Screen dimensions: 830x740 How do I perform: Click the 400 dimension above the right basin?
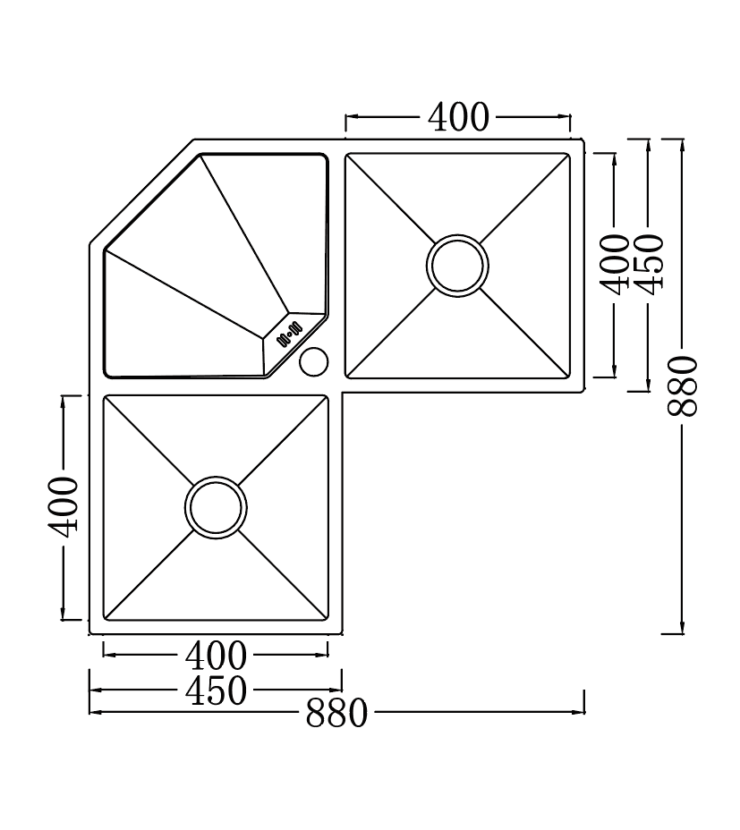(x=458, y=117)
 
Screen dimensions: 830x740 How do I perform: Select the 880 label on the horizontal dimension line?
(x=336, y=714)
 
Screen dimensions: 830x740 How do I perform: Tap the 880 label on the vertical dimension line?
(x=683, y=385)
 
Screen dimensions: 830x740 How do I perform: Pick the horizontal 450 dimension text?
(x=216, y=690)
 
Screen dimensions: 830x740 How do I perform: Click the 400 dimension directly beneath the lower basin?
(x=216, y=656)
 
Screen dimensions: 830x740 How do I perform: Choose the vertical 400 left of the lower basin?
(x=64, y=505)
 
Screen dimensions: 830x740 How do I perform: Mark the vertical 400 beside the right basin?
(x=615, y=263)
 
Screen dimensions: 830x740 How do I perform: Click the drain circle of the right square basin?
(x=457, y=266)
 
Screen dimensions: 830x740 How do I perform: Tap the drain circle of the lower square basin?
(x=216, y=507)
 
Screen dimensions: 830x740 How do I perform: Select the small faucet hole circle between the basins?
(x=313, y=362)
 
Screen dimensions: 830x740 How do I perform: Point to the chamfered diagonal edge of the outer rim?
(x=141, y=191)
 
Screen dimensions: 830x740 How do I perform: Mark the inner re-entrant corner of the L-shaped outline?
(x=343, y=392)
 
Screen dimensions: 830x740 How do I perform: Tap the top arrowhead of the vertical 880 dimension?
(x=683, y=143)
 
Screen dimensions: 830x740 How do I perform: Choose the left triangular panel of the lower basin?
(x=134, y=507)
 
